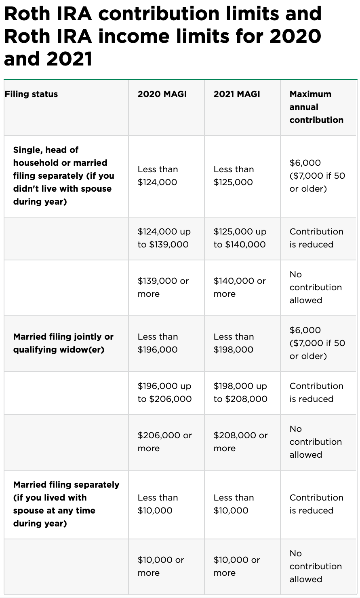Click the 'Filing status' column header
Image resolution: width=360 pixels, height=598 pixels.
(x=32, y=94)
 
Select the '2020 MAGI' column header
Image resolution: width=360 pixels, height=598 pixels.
(x=162, y=94)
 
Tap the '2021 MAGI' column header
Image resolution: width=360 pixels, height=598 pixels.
(x=237, y=94)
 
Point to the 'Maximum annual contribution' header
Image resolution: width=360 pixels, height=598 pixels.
(x=316, y=107)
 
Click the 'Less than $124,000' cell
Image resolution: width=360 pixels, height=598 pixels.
(x=158, y=176)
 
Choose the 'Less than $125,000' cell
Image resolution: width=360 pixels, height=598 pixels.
(x=234, y=176)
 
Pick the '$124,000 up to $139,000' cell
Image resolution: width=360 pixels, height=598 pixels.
(x=164, y=238)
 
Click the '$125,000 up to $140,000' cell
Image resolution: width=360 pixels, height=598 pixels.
(x=240, y=238)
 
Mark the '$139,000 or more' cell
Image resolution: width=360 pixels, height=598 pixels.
(x=163, y=287)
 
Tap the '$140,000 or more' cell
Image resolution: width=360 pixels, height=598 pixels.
(x=240, y=287)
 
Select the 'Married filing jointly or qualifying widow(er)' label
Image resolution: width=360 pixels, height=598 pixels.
(x=63, y=343)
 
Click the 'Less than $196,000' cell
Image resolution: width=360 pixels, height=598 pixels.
(x=158, y=343)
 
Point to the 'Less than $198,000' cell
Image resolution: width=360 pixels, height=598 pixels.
(x=234, y=343)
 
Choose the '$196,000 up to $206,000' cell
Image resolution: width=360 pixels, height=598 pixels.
(x=164, y=393)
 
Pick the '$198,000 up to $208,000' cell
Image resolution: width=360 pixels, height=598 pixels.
(x=240, y=393)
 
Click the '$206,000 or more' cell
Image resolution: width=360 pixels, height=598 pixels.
(x=165, y=442)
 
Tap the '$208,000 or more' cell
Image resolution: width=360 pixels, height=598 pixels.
(x=240, y=442)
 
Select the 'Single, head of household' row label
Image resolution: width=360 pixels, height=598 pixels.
(x=63, y=176)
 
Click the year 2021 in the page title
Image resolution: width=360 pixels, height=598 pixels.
(x=70, y=59)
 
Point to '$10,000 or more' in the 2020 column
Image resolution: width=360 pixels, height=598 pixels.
(x=161, y=566)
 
